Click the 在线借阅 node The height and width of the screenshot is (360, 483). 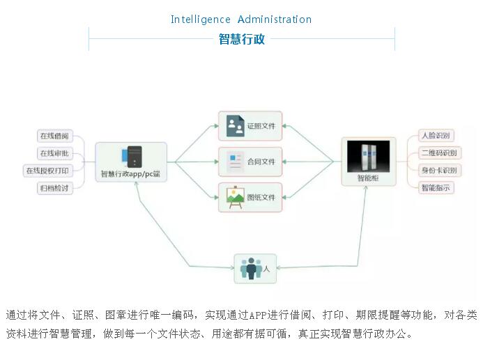[x=54, y=136]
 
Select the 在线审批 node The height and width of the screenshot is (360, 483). [x=54, y=153]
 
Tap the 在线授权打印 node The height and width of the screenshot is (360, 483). [x=47, y=171]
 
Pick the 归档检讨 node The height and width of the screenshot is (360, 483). [x=54, y=188]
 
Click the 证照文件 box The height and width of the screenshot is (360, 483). [x=250, y=126]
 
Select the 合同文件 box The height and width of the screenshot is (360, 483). [x=250, y=162]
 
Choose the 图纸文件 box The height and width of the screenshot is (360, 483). [x=250, y=197]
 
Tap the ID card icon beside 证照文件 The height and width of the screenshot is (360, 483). [x=235, y=126]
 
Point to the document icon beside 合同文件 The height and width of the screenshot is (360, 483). [x=235, y=162]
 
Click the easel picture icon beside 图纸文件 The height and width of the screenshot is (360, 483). [x=235, y=197]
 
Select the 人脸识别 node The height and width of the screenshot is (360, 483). [x=436, y=136]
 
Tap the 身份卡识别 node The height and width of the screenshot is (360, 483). [x=438, y=171]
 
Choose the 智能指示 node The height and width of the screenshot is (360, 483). [x=436, y=188]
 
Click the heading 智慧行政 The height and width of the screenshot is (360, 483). [x=242, y=39]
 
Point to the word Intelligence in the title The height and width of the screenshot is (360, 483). [x=200, y=19]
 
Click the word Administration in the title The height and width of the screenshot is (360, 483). [x=275, y=19]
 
